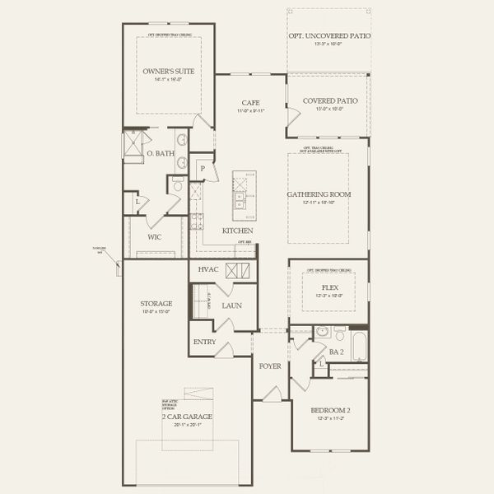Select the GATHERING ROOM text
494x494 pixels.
pyautogui.click(x=318, y=194)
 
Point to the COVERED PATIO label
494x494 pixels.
pyautogui.click(x=326, y=100)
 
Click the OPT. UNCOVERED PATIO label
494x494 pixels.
pyautogui.click(x=329, y=36)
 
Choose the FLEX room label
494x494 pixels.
pyautogui.click(x=329, y=287)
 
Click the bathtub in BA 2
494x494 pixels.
pyautogui.click(x=361, y=344)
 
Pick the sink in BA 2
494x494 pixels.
pyautogui.click(x=322, y=333)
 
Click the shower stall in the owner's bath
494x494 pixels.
pyautogui.click(x=133, y=145)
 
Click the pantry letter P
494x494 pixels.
pyautogui.click(x=203, y=169)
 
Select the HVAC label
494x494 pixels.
pyautogui.click(x=207, y=270)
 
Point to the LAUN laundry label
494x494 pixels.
pyautogui.click(x=230, y=305)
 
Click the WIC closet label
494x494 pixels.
pyautogui.click(x=154, y=237)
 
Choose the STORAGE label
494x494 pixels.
pyautogui.click(x=156, y=303)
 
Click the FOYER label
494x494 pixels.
pyautogui.click(x=270, y=365)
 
